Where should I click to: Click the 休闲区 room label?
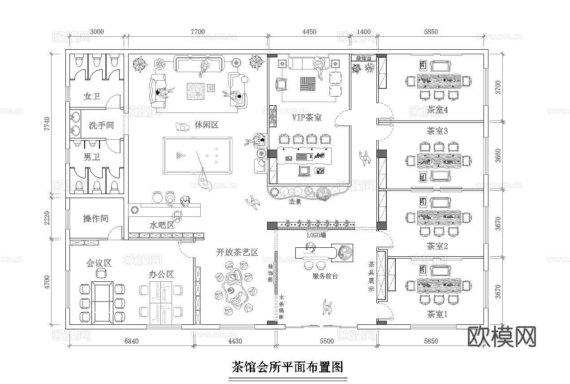click(207, 125)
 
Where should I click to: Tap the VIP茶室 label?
click(307, 117)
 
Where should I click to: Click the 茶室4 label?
click(437, 109)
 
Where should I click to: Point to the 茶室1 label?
click(437, 315)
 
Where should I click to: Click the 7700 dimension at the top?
click(198, 31)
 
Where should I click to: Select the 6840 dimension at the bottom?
click(131, 341)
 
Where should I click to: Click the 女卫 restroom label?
click(92, 96)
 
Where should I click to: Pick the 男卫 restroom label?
click(92, 157)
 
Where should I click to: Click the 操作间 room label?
click(95, 219)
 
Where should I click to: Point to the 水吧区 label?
click(162, 225)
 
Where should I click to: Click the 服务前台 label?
click(325, 276)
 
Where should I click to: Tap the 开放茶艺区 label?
click(237, 252)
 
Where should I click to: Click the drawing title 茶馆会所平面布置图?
click(287, 367)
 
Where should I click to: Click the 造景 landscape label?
click(295, 202)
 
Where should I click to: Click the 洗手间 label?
click(101, 125)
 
